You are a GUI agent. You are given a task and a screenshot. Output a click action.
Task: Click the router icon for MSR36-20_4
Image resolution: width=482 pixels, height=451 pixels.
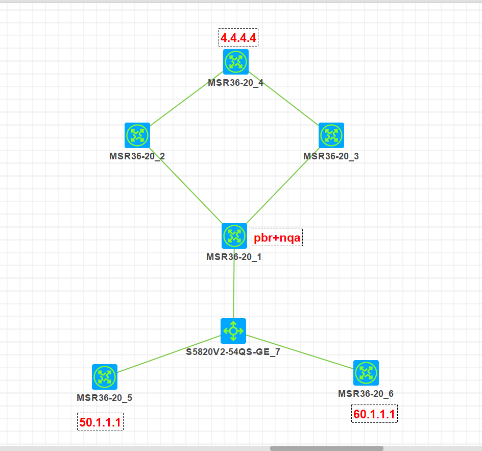235,62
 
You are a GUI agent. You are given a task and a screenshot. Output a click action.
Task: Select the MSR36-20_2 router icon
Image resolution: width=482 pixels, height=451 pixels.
137,135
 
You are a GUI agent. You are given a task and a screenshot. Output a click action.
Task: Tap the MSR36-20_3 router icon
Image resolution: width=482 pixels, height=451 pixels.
331,135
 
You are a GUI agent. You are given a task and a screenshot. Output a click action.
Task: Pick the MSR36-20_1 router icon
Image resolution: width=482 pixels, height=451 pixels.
234,236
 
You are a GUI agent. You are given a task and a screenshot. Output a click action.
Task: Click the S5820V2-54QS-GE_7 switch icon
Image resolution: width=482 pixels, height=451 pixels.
233,331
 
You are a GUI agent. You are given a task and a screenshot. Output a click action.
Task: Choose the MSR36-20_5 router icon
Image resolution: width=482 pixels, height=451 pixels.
105,377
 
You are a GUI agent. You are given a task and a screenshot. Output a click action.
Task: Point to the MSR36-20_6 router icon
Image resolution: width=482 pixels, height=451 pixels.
366,373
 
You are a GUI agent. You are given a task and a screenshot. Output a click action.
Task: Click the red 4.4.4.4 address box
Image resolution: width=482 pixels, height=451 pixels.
238,38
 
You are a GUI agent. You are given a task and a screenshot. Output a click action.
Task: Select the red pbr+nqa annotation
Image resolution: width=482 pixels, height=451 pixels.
277,238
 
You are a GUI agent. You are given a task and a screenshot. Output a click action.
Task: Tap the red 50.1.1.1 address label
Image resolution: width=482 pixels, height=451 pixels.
100,422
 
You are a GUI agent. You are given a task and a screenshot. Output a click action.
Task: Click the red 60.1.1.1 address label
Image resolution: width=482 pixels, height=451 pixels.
374,414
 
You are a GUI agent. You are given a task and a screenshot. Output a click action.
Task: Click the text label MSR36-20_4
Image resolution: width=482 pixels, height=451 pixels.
235,83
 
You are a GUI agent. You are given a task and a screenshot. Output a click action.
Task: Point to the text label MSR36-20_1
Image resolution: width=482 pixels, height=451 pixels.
234,257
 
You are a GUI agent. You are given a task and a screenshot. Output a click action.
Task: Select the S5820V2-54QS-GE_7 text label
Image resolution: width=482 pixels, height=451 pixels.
233,351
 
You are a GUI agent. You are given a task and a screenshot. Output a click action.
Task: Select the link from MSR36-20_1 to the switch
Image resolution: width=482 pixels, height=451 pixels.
234,289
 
